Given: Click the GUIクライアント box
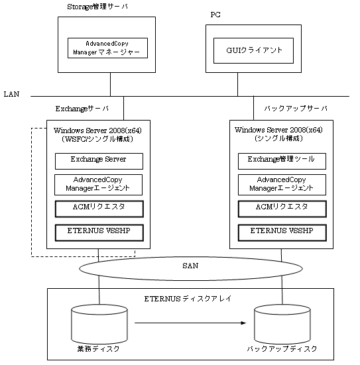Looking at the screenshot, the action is pyautogui.click(x=253, y=50).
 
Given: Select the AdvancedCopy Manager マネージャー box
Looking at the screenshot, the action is pyautogui.click(x=107, y=48).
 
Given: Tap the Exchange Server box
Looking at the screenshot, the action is pyautogui.click(x=99, y=161).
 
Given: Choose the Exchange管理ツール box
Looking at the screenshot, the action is pyautogui.click(x=282, y=161).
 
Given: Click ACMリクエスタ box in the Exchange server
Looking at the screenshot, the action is pyautogui.click(x=99, y=209).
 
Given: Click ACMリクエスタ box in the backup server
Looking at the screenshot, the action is pyautogui.click(x=282, y=209).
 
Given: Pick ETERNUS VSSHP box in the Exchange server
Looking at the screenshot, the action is pyautogui.click(x=99, y=233).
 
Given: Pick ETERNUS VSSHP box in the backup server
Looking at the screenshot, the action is pyautogui.click(x=282, y=233).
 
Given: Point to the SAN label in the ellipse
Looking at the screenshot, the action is pyautogui.click(x=190, y=266).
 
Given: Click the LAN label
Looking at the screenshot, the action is pyautogui.click(x=11, y=94).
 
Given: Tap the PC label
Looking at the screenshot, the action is pyautogui.click(x=215, y=15).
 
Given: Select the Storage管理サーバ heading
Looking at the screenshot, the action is pyautogui.click(x=97, y=7).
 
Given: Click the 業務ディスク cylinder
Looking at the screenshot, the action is pyautogui.click(x=99, y=325).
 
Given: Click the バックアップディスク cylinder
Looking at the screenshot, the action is pyautogui.click(x=282, y=325).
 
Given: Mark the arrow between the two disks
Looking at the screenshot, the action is pyautogui.click(x=190, y=323).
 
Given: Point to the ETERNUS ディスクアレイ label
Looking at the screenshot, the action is pyautogui.click(x=188, y=299).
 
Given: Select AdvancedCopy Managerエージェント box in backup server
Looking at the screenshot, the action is pyautogui.click(x=282, y=185).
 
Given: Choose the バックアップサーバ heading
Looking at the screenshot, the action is pyautogui.click(x=296, y=109).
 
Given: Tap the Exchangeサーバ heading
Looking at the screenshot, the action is pyautogui.click(x=82, y=109).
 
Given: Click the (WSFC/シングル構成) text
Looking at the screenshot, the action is pyautogui.click(x=97, y=139).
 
